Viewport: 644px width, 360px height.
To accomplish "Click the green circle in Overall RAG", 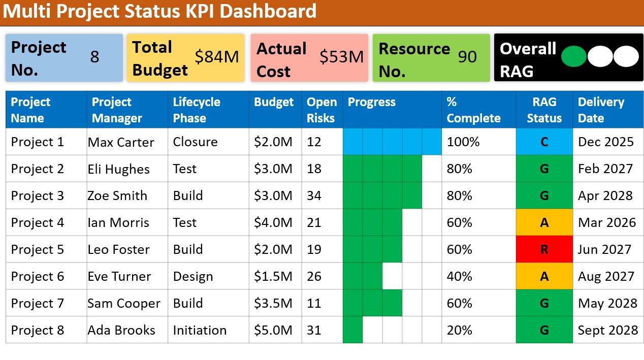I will [x=573, y=56].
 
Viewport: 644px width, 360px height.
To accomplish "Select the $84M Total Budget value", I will [x=217, y=57].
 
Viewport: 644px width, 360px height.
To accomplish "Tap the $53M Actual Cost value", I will [x=341, y=57].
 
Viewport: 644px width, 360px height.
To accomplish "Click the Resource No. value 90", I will [x=467, y=57].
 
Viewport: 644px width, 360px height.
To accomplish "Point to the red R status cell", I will [x=544, y=249].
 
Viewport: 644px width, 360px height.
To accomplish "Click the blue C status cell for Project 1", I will [x=544, y=142].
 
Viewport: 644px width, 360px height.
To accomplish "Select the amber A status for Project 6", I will [x=544, y=276].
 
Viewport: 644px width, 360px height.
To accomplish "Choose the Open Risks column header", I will [x=321, y=110].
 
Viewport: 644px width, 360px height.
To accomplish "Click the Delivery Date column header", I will [x=600, y=110].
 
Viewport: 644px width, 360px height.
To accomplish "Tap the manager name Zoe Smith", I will [x=117, y=196].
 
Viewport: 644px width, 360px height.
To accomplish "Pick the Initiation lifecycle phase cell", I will [x=200, y=330].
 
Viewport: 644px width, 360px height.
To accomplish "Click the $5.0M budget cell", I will [x=273, y=330].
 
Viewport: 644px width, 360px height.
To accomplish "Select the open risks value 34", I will [x=314, y=196].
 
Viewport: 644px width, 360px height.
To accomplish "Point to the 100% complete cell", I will [x=463, y=142].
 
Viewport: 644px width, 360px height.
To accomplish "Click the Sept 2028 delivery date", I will [x=607, y=330].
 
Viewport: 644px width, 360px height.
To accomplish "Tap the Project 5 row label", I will [x=38, y=249].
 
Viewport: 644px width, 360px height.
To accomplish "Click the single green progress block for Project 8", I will [x=352, y=330].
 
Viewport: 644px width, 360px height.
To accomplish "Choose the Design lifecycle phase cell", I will [x=193, y=276].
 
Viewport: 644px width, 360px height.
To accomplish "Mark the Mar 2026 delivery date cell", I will [x=606, y=222].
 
